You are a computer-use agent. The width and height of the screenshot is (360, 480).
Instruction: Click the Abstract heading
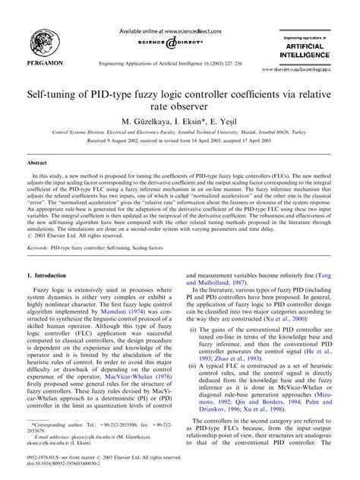pos(37,163)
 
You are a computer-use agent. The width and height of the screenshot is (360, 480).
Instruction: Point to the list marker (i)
pos(194,326)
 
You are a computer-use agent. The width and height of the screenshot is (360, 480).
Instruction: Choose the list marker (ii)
pos(194,366)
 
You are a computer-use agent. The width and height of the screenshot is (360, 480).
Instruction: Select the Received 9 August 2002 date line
pos(179,141)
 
